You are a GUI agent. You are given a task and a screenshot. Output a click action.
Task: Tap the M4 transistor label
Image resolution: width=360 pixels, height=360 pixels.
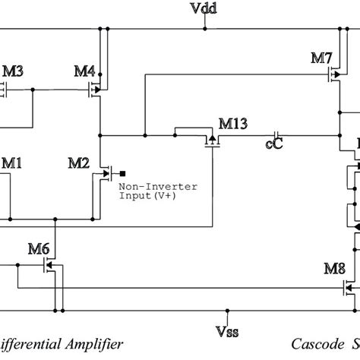[85, 71]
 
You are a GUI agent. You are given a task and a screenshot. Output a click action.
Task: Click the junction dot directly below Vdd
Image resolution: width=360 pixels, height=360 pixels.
[203, 29]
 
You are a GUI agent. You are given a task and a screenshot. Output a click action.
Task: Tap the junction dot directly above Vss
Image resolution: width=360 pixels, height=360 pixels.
[226, 311]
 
